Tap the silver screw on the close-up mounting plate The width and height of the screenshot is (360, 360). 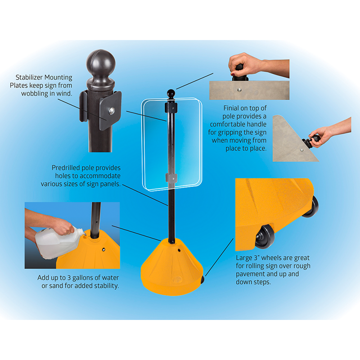112,111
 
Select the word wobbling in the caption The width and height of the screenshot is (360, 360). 35,94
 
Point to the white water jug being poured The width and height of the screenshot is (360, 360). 58,242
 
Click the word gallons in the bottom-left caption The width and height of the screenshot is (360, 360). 84,278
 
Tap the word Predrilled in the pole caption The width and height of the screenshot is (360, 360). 66,168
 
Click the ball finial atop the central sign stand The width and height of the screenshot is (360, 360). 171,94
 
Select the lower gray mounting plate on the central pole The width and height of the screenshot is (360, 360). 171,178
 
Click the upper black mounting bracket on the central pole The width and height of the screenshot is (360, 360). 171,108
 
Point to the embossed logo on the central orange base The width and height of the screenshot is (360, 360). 176,279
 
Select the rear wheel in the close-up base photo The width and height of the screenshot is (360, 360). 311,207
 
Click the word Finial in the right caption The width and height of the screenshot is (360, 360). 231,108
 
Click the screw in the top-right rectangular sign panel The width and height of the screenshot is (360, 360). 239,90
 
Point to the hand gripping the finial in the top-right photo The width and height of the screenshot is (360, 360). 247,65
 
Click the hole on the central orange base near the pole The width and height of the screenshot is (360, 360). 179,251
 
